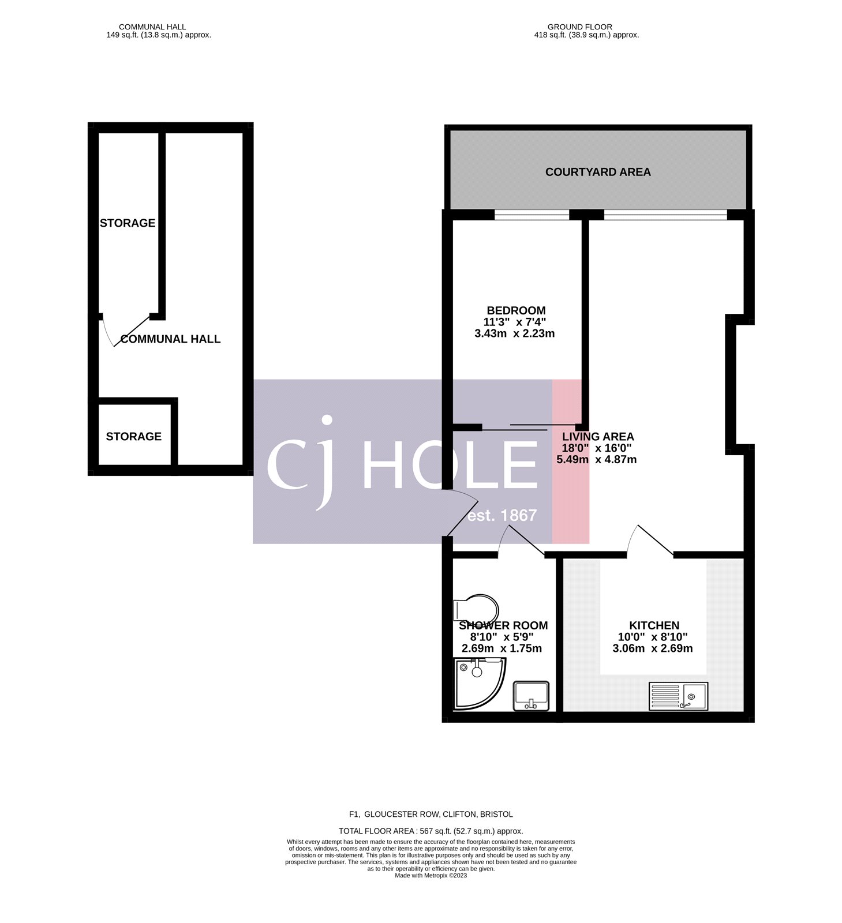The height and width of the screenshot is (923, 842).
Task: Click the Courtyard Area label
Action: [598, 172]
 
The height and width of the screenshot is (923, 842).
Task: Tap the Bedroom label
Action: [516, 310]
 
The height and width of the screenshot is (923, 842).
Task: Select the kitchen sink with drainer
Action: [678, 696]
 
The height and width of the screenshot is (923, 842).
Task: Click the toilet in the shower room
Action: [477, 609]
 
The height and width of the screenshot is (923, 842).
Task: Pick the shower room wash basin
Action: [532, 696]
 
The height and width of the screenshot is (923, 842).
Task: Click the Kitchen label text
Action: [654, 625]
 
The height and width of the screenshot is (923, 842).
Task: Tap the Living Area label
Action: [598, 437]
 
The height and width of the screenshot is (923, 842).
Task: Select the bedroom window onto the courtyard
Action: [532, 215]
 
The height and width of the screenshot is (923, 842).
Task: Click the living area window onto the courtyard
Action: [665, 215]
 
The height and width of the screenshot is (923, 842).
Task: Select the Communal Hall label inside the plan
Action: [170, 339]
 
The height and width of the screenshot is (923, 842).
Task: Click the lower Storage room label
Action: [133, 437]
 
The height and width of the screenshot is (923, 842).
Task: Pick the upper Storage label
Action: [128, 223]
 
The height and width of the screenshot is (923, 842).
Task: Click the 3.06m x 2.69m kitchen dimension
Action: [653, 648]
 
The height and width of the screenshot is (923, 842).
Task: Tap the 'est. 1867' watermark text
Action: [502, 515]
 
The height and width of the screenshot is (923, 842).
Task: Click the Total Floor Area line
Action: [431, 831]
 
